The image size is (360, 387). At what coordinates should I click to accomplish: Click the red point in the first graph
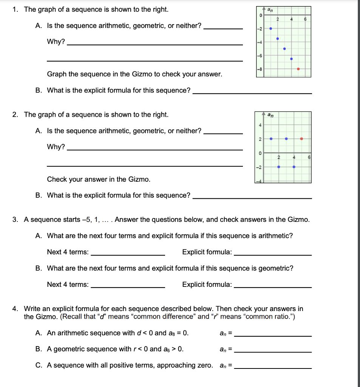click(x=298, y=69)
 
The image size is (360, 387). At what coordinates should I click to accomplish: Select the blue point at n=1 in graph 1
click(x=270, y=28)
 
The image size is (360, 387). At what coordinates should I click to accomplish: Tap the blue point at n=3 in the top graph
click(x=284, y=48)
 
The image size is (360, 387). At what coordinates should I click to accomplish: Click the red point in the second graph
click(x=301, y=139)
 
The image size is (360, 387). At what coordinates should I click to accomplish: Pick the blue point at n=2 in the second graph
click(x=279, y=167)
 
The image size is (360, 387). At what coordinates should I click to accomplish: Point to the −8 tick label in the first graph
click(x=259, y=69)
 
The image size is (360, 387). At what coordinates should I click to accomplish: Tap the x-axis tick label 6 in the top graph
click(x=306, y=19)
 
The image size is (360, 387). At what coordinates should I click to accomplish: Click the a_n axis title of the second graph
click(x=270, y=114)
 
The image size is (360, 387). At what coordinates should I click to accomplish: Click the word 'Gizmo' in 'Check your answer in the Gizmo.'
click(x=139, y=179)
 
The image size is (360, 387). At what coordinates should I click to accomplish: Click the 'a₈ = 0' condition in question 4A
click(x=178, y=333)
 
